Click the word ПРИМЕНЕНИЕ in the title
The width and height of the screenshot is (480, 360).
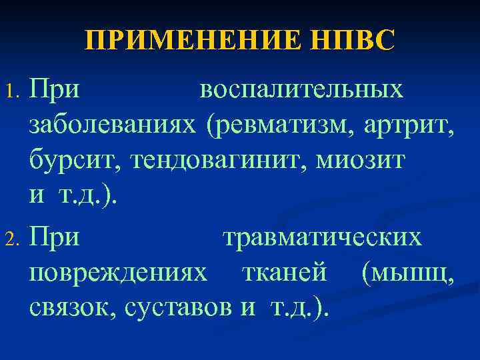tap(189, 41)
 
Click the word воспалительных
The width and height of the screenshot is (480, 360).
tap(301, 90)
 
